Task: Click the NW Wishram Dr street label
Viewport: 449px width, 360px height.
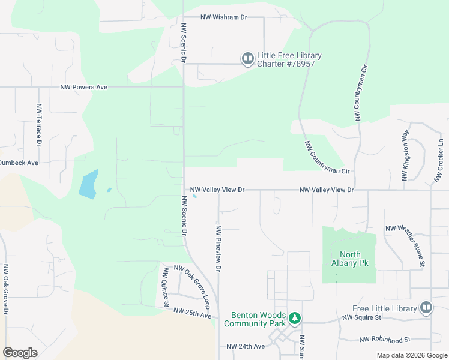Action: [224, 17]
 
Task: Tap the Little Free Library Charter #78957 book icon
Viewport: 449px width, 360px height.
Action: [247, 59]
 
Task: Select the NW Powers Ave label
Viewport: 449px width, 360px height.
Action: [83, 87]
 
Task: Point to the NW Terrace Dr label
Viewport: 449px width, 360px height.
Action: [39, 125]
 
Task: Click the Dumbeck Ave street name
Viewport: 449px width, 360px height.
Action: [19, 163]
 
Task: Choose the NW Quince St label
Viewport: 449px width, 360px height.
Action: [164, 287]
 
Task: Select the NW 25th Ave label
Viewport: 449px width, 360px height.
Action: [192, 311]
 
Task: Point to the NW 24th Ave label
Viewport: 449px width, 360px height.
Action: [246, 346]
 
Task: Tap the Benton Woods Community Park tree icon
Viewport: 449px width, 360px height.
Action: [294, 317]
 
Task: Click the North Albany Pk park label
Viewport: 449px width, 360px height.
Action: [349, 259]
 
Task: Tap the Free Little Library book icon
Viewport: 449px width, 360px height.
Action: [426, 308]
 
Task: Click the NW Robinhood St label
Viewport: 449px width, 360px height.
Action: [384, 340]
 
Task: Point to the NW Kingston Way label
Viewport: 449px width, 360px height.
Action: [406, 155]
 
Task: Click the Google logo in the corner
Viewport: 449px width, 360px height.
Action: [20, 353]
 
